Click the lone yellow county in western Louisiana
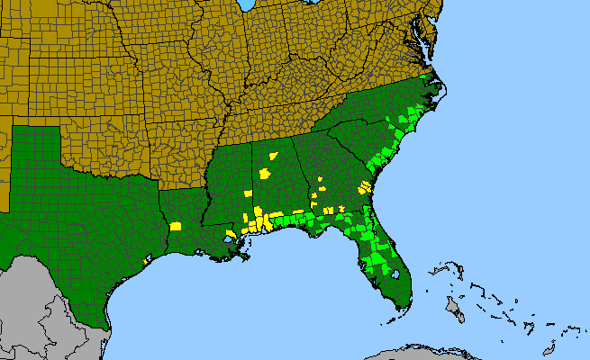[176, 227]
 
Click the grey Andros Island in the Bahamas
[454, 310]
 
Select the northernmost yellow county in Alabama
[273, 155]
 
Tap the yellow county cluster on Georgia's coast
[364, 188]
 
